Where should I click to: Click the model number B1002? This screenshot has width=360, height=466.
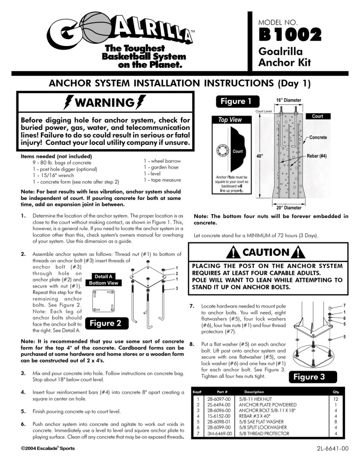(x=291, y=34)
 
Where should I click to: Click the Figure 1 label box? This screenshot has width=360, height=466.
(x=236, y=102)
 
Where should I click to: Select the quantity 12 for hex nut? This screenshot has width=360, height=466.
(x=336, y=399)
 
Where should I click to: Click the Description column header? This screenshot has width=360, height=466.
(x=254, y=392)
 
